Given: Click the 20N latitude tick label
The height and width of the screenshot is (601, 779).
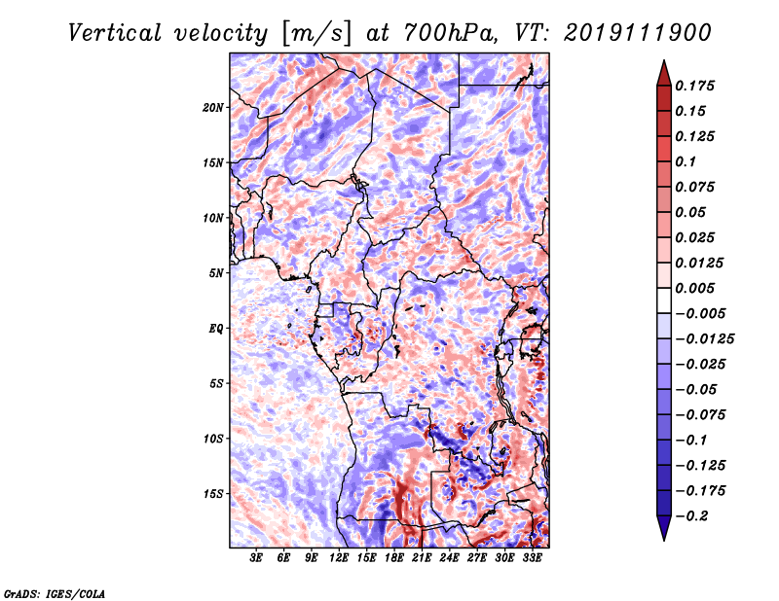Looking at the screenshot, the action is pyautogui.click(x=213, y=108).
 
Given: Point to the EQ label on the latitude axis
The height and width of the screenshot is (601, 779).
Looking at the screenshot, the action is pyautogui.click(x=215, y=329).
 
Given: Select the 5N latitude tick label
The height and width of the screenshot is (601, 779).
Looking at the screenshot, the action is pyautogui.click(x=216, y=273).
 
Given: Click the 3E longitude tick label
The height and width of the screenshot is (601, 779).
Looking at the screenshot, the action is pyautogui.click(x=256, y=558).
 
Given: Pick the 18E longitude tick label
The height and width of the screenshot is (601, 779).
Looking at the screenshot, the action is pyautogui.click(x=394, y=558).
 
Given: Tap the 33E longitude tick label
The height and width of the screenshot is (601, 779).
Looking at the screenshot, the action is pyautogui.click(x=532, y=558).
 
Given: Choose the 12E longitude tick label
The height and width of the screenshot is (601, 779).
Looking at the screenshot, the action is pyautogui.click(x=339, y=558).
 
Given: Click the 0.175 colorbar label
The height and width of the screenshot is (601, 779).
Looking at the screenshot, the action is pyautogui.click(x=694, y=86).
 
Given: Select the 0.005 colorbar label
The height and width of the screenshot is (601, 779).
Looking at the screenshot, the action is pyautogui.click(x=694, y=288).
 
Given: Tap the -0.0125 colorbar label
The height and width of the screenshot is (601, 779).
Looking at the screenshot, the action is pyautogui.click(x=704, y=339).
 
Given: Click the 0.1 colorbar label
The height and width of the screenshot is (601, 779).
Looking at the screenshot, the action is pyautogui.click(x=686, y=161).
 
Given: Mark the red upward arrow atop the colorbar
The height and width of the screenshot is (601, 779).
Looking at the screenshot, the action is pyautogui.click(x=664, y=73).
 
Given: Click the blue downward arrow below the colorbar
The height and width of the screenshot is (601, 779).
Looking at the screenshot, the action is pyautogui.click(x=664, y=528).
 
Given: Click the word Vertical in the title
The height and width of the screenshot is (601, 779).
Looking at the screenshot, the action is pyautogui.click(x=115, y=33).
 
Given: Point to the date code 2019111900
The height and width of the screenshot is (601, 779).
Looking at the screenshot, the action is pyautogui.click(x=638, y=33).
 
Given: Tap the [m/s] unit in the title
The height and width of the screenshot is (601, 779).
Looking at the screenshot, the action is pyautogui.click(x=316, y=34).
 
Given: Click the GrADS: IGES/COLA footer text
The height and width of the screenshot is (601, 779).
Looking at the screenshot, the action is pyautogui.click(x=55, y=593).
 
